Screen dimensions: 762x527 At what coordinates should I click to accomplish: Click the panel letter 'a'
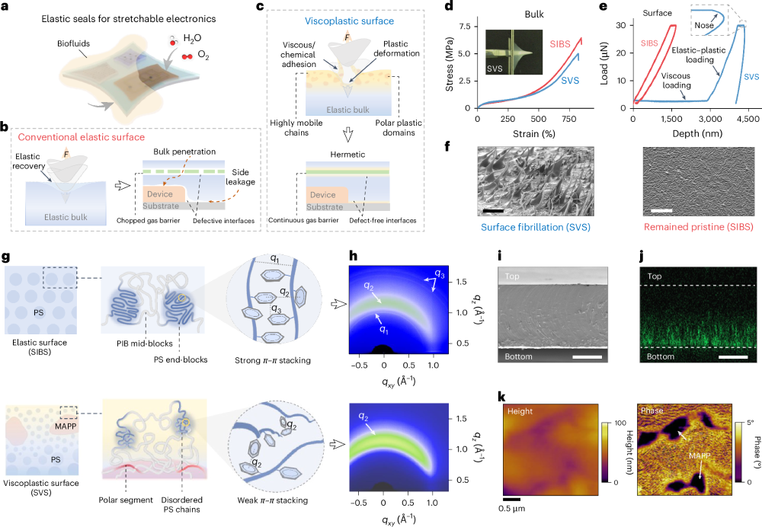point(5,8)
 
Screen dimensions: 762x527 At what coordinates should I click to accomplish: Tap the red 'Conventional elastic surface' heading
point(82,137)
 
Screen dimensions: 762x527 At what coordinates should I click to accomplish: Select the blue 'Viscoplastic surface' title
point(349,21)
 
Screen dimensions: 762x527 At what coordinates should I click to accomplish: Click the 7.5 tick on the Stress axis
point(465,26)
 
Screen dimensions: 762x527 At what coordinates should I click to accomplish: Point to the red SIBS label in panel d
point(560,43)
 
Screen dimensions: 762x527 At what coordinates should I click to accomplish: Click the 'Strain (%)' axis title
point(533,133)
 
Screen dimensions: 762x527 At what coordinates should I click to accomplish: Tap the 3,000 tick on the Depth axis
point(710,119)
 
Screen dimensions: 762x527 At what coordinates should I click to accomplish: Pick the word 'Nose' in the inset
point(703,25)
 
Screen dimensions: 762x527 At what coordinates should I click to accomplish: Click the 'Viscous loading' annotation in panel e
point(675,80)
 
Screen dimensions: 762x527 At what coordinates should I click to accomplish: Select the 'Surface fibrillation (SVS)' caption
point(536,227)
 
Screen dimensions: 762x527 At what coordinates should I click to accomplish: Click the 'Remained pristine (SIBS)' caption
point(698,227)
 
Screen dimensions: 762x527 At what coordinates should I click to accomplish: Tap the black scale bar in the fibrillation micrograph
point(493,210)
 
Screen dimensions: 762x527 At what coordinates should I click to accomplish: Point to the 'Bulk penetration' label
point(184,152)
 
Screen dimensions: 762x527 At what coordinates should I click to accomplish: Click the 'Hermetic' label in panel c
point(347,155)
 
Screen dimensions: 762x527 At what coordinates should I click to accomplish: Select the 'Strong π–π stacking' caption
point(273,360)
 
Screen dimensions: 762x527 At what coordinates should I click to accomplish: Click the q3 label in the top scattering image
point(440,274)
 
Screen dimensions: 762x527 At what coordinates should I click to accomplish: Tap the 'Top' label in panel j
point(654,276)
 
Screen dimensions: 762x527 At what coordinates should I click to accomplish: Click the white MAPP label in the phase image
point(699,455)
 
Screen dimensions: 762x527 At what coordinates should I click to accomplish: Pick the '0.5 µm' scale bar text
point(512,509)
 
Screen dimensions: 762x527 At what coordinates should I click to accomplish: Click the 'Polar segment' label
point(126,500)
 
